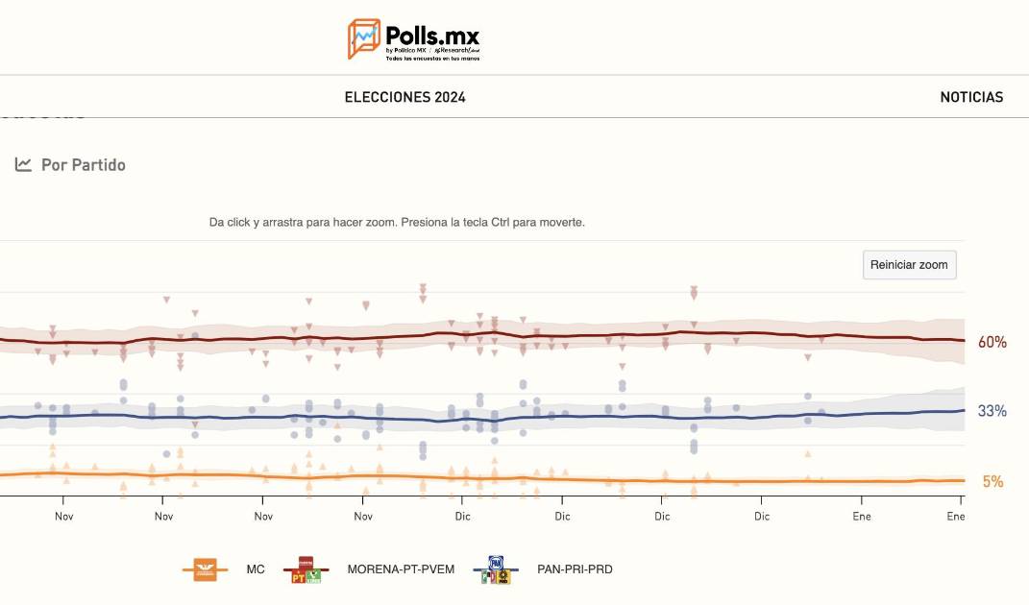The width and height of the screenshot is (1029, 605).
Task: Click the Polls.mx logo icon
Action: click(x=363, y=38)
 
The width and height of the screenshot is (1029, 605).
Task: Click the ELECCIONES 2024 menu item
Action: click(x=404, y=97)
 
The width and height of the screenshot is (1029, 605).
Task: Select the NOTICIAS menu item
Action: click(x=971, y=97)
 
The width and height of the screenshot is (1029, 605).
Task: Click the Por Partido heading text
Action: click(x=84, y=165)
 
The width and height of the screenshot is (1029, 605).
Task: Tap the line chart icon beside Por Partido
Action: click(x=24, y=164)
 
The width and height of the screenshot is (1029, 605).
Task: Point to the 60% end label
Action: click(x=992, y=342)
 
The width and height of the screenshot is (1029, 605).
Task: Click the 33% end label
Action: click(x=992, y=411)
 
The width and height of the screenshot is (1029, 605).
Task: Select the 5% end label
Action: click(x=992, y=481)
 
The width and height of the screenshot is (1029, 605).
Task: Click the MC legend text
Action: click(x=256, y=569)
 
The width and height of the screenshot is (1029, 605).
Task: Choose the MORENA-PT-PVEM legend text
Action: click(x=401, y=569)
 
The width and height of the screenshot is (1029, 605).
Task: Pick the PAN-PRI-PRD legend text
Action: click(x=575, y=569)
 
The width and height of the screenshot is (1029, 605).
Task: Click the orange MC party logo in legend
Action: click(x=206, y=569)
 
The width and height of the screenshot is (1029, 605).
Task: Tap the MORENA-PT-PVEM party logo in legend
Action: click(x=306, y=569)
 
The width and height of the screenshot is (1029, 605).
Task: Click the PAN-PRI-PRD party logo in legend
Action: click(x=497, y=569)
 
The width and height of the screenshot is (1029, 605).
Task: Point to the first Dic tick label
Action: click(x=462, y=516)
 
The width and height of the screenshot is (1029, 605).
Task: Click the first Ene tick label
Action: click(x=862, y=516)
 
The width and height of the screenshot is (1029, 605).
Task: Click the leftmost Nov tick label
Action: click(x=63, y=516)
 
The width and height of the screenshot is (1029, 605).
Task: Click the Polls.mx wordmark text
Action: click(x=431, y=35)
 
